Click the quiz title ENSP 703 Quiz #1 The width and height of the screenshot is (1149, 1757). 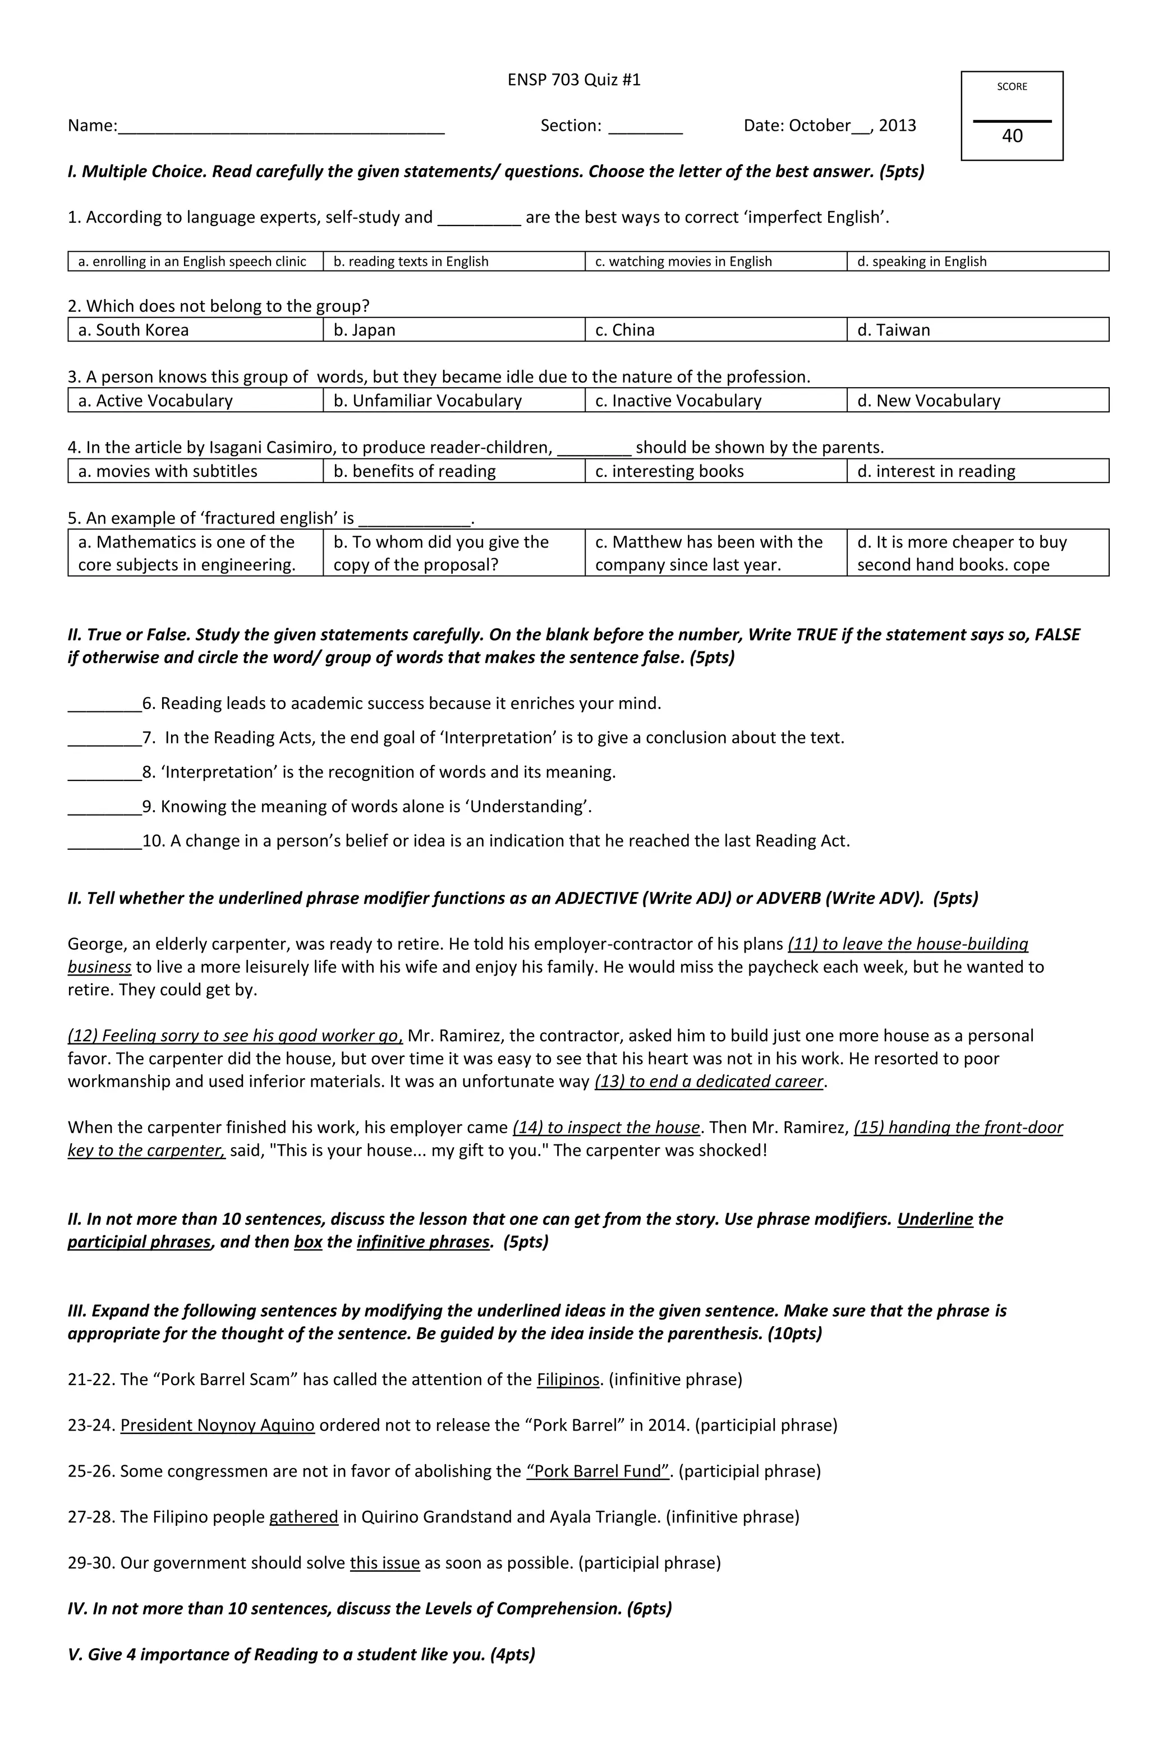click(574, 80)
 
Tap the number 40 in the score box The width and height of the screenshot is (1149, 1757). click(1012, 136)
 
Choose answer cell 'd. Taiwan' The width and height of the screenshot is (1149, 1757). click(976, 330)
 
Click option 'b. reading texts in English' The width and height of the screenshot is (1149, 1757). click(453, 261)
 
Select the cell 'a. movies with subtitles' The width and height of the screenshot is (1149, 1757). click(195, 471)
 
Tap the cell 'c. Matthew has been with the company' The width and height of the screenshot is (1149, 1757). click(715, 553)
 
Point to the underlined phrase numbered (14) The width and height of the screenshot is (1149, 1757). click(605, 1127)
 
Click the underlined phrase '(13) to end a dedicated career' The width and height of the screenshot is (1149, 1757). click(709, 1082)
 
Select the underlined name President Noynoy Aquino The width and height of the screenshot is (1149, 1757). click(217, 1425)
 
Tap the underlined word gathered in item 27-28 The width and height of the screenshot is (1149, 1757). click(304, 1517)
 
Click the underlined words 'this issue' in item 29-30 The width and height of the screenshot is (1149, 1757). click(385, 1563)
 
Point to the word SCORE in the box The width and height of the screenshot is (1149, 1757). click(1012, 86)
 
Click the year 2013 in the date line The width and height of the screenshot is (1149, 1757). click(897, 126)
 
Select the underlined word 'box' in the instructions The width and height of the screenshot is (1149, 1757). click(308, 1241)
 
